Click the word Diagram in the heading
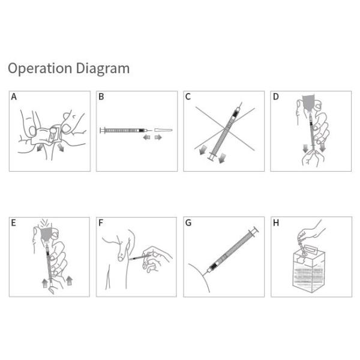(x=103, y=68)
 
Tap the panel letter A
(x=14, y=97)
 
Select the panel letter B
(x=101, y=97)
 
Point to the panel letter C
(x=188, y=97)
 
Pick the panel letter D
(x=276, y=97)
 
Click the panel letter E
(x=14, y=223)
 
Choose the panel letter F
(x=101, y=223)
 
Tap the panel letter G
(x=188, y=223)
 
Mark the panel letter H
(x=276, y=223)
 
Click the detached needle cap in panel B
(x=163, y=130)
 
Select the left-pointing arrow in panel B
(x=146, y=137)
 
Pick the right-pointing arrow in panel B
(x=158, y=137)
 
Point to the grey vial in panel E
(x=47, y=234)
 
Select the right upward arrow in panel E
(x=69, y=281)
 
